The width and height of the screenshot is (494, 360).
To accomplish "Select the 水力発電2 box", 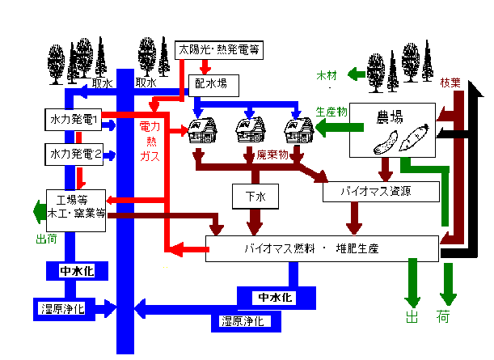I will coord(72,153).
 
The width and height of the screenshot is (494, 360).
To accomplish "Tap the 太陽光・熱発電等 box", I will coord(219,49).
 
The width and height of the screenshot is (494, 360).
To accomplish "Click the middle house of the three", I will coord(249,129).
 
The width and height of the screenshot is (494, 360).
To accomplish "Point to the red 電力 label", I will coord(150,127).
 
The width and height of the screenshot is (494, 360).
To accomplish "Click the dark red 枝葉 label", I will coord(451,83).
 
